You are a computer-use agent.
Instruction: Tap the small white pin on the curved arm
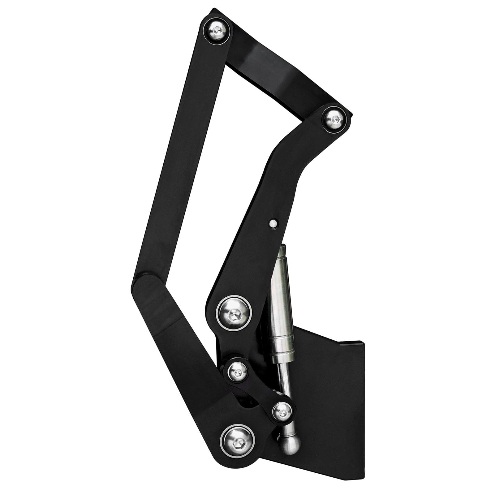tap(273, 223)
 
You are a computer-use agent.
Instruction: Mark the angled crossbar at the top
tap(278, 74)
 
